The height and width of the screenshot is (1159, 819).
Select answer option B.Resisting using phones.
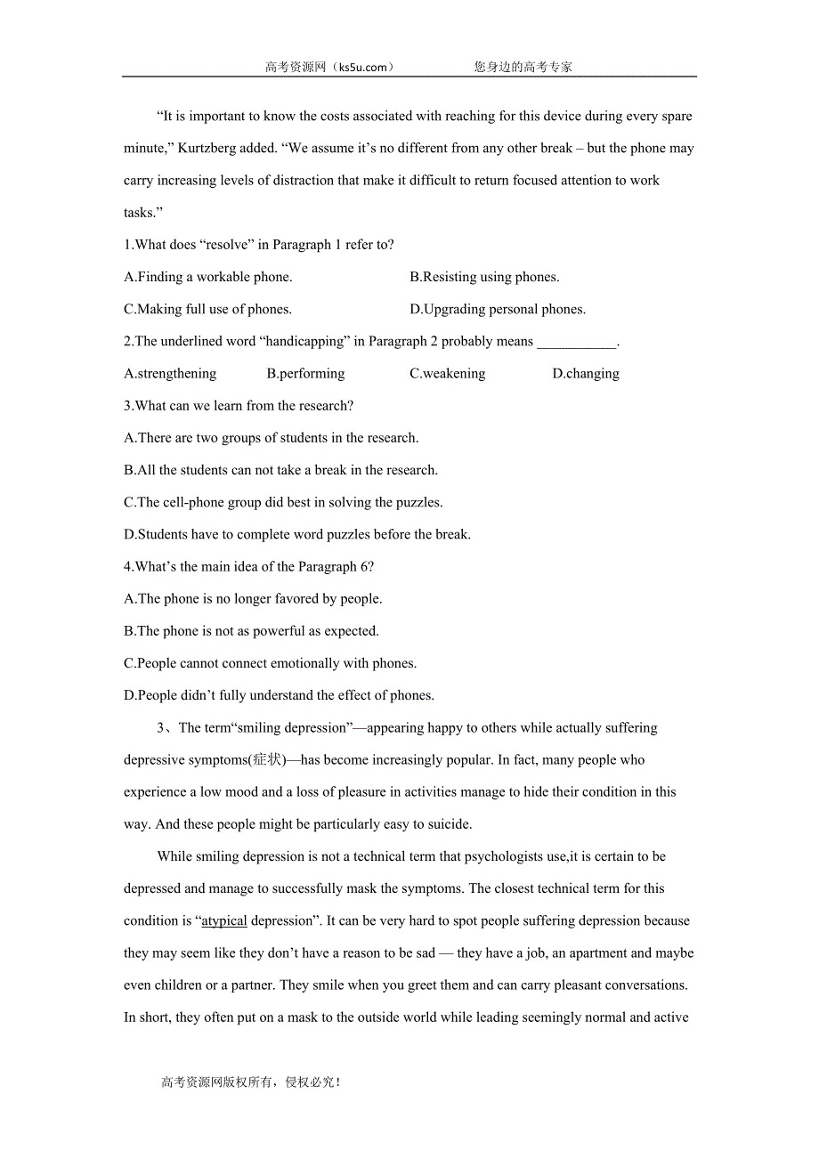(x=484, y=277)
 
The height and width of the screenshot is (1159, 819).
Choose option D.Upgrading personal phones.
(x=498, y=309)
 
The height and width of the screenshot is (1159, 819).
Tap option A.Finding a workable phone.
(x=208, y=277)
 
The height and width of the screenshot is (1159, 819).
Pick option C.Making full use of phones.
(x=208, y=309)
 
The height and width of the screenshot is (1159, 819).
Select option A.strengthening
(x=170, y=373)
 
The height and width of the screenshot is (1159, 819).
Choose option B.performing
(x=305, y=373)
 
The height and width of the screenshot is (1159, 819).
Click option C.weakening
(x=448, y=373)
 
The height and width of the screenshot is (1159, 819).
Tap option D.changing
(x=586, y=373)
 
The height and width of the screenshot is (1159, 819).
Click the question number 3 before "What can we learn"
(x=127, y=406)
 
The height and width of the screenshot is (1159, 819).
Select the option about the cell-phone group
(x=283, y=502)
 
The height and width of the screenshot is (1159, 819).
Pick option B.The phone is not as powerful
(x=252, y=631)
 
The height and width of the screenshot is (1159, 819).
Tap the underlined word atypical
(x=224, y=921)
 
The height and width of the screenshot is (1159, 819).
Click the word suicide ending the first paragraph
(x=448, y=824)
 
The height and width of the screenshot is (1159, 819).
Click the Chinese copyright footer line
(x=251, y=1082)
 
